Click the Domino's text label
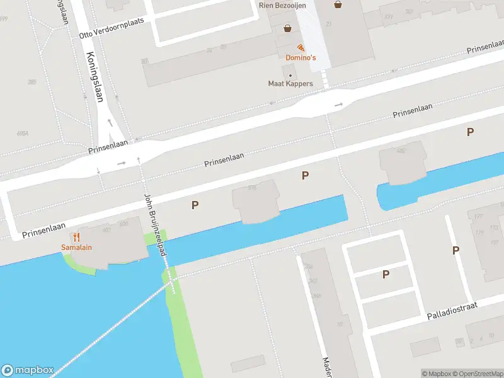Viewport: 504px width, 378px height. pyautogui.click(x=301, y=58)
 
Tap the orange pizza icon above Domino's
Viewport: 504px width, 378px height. pyautogui.click(x=301, y=47)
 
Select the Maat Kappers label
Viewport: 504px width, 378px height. pyautogui.click(x=290, y=84)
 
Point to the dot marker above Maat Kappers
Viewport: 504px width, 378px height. pyautogui.click(x=290, y=76)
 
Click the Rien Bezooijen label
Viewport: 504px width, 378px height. pyautogui.click(x=282, y=6)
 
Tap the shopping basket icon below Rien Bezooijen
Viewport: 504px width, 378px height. pyautogui.click(x=288, y=28)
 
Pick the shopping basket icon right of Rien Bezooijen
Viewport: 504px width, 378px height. pyautogui.click(x=338, y=5)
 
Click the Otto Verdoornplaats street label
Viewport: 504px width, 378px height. pyautogui.click(x=112, y=28)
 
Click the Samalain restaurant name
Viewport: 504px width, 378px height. pyautogui.click(x=76, y=248)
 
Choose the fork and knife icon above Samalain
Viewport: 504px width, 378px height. pyautogui.click(x=76, y=237)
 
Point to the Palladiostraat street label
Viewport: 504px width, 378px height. pyautogui.click(x=452, y=310)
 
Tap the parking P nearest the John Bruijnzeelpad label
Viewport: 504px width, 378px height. pyautogui.click(x=195, y=204)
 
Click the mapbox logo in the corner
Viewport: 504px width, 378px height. pyautogui.click(x=28, y=370)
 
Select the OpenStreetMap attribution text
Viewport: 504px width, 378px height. pyautogui.click(x=478, y=374)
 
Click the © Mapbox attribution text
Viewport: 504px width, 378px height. pyautogui.click(x=436, y=374)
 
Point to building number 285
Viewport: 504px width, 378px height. pyautogui.click(x=32, y=83)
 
